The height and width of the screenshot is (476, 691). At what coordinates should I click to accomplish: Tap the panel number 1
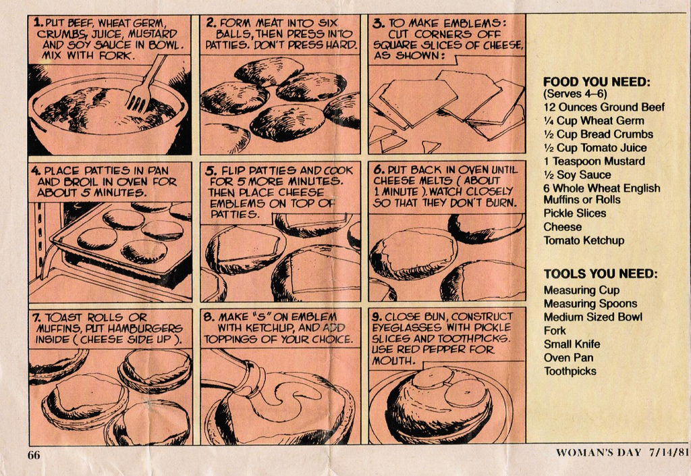point(38,22)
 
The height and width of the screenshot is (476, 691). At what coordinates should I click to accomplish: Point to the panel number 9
point(377,317)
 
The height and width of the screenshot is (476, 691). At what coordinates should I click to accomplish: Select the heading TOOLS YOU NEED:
point(600,273)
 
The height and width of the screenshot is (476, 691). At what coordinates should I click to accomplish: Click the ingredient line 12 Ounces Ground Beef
point(604,107)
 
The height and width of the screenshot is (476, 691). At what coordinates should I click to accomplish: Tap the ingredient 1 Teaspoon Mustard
point(594,161)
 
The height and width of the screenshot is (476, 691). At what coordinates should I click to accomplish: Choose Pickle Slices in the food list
point(575,213)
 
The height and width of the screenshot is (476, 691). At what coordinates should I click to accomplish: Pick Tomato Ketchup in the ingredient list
point(584,240)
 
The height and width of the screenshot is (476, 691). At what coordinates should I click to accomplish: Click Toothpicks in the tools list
point(570,371)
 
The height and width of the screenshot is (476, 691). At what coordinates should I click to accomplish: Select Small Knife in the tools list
point(572,344)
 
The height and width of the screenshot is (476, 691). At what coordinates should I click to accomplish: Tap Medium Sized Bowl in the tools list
point(592,317)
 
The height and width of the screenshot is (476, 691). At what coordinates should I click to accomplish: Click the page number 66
point(34,455)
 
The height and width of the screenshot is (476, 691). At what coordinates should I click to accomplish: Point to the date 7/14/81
point(669,452)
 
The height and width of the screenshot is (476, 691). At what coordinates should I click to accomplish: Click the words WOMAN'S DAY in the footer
point(598,452)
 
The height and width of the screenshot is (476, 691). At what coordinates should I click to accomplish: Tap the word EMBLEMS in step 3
point(472,23)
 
